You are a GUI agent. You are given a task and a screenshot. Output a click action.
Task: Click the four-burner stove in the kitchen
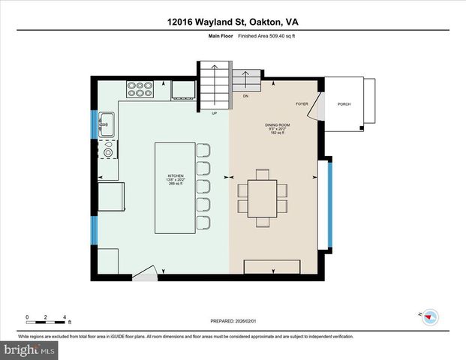138,89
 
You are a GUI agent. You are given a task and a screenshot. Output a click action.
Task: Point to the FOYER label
302,104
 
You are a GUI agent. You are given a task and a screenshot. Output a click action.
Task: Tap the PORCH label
344,104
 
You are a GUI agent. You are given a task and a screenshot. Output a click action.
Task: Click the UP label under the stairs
214,114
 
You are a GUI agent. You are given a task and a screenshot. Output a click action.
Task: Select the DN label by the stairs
245,96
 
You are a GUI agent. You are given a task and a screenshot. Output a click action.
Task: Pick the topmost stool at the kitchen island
203,150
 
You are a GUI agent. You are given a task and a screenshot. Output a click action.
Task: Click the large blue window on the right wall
330,203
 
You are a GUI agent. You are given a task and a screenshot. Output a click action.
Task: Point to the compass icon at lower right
430,316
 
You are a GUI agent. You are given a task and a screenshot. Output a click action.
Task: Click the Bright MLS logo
28,350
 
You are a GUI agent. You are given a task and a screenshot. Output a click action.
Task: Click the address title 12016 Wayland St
233,22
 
